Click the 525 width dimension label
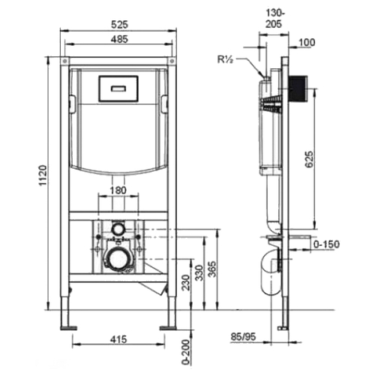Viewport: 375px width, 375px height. click(119, 25)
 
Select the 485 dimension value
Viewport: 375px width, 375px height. click(119, 39)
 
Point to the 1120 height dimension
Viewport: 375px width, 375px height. click(43, 175)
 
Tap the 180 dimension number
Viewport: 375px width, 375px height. click(118, 190)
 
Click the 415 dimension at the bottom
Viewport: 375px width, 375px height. click(118, 339)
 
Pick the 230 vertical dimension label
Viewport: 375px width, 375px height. click(185, 283)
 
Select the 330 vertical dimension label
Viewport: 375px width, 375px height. click(199, 273)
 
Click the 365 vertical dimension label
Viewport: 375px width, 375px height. click(212, 269)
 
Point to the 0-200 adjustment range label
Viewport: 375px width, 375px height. click(185, 352)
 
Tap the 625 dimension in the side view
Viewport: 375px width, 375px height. click(308, 159)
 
